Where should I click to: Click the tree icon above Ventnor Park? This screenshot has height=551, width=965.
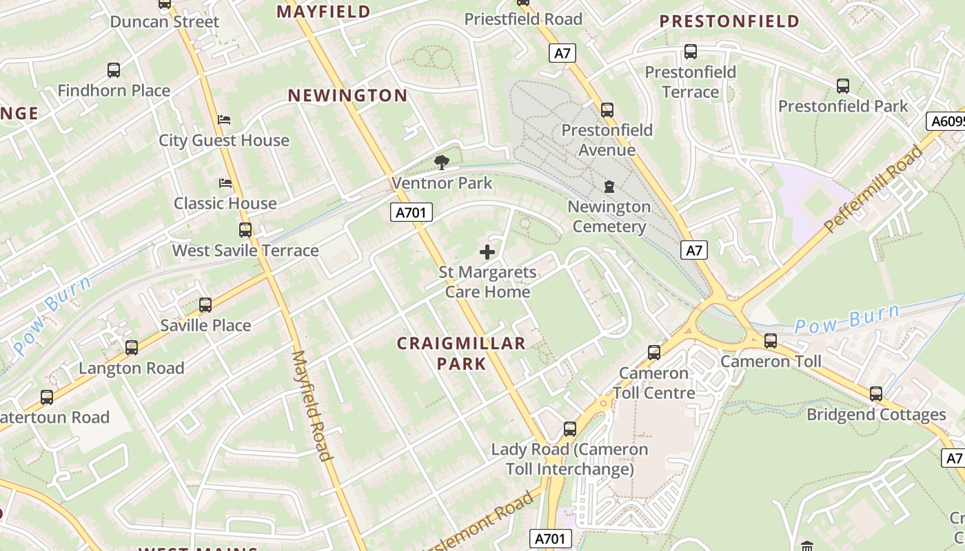[x=441, y=163]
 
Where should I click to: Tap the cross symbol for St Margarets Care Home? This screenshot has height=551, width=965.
[x=487, y=252]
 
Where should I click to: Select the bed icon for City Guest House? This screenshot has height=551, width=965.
[x=224, y=120]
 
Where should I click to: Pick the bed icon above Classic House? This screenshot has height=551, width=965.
[x=225, y=183]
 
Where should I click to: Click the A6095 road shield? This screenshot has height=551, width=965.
[x=946, y=121]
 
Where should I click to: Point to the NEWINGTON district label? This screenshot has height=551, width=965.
[x=347, y=96]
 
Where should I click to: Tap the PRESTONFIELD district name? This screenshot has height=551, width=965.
[x=729, y=21]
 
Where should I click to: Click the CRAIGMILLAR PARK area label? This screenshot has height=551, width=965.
[x=461, y=353]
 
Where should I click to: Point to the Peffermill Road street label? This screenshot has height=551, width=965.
[x=873, y=189]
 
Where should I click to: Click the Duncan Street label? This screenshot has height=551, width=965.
[x=165, y=21]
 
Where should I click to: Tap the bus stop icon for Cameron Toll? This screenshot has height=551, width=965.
[x=771, y=340]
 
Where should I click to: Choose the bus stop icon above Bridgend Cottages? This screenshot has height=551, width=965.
[x=875, y=394]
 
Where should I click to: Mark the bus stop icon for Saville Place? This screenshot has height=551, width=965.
[x=205, y=305]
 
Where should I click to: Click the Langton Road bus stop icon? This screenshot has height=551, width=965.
[x=131, y=348]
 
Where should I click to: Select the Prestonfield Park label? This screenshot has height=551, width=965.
[x=843, y=106]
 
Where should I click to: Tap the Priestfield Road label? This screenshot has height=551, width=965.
[x=523, y=19]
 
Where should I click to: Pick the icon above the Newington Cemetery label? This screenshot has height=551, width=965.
[x=609, y=187]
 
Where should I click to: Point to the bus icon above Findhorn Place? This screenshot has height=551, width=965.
[x=114, y=70]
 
